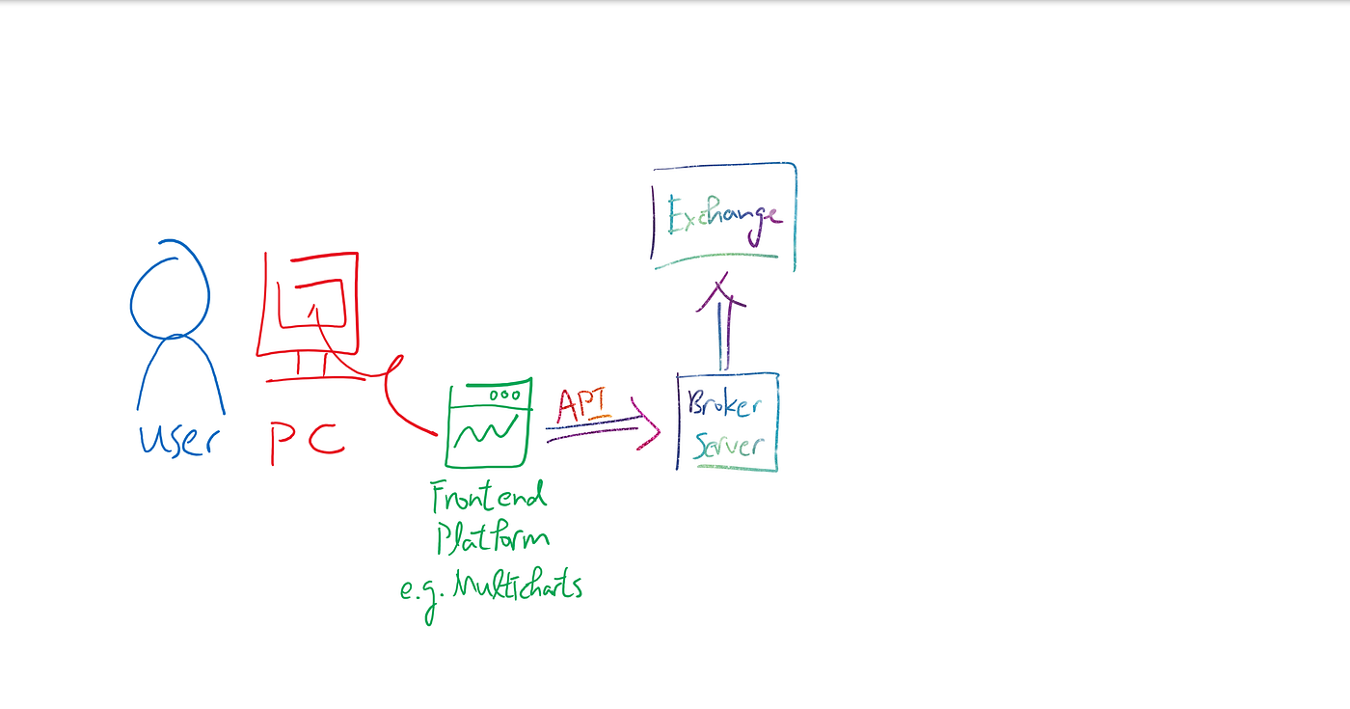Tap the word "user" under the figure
179,441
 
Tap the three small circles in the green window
505,395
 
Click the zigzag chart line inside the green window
486,430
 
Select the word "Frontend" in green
489,496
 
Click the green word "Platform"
493,537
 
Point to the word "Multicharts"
518,585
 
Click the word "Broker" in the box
724,404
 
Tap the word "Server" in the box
729,446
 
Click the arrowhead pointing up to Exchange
721,291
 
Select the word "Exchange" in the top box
725,216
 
